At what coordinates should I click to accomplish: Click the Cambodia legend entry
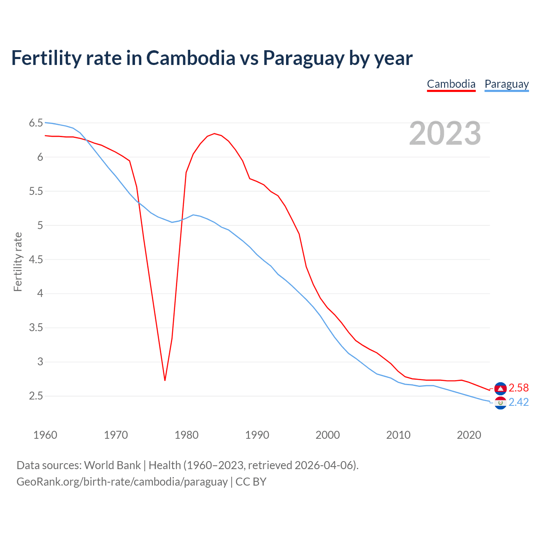451,84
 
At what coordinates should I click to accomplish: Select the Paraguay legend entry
506,84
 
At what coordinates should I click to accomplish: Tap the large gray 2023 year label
445,133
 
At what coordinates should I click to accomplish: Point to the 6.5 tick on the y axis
36,123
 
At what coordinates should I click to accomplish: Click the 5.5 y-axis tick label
36,192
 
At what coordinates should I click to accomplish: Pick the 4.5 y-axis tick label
36,259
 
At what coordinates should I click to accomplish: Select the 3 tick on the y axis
40,362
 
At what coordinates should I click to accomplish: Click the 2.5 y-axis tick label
36,396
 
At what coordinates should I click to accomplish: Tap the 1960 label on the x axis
45,435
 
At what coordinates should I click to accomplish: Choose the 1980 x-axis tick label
186,435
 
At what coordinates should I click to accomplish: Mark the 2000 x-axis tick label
327,435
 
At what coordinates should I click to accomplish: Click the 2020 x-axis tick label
469,435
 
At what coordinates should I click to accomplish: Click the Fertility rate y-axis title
18,262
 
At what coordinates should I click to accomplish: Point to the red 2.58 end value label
518,388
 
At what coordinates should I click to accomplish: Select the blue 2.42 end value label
518,402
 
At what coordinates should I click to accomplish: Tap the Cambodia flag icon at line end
500,388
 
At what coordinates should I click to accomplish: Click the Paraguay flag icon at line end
500,403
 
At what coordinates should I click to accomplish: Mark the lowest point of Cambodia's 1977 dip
165,380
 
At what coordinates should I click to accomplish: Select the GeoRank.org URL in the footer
122,482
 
